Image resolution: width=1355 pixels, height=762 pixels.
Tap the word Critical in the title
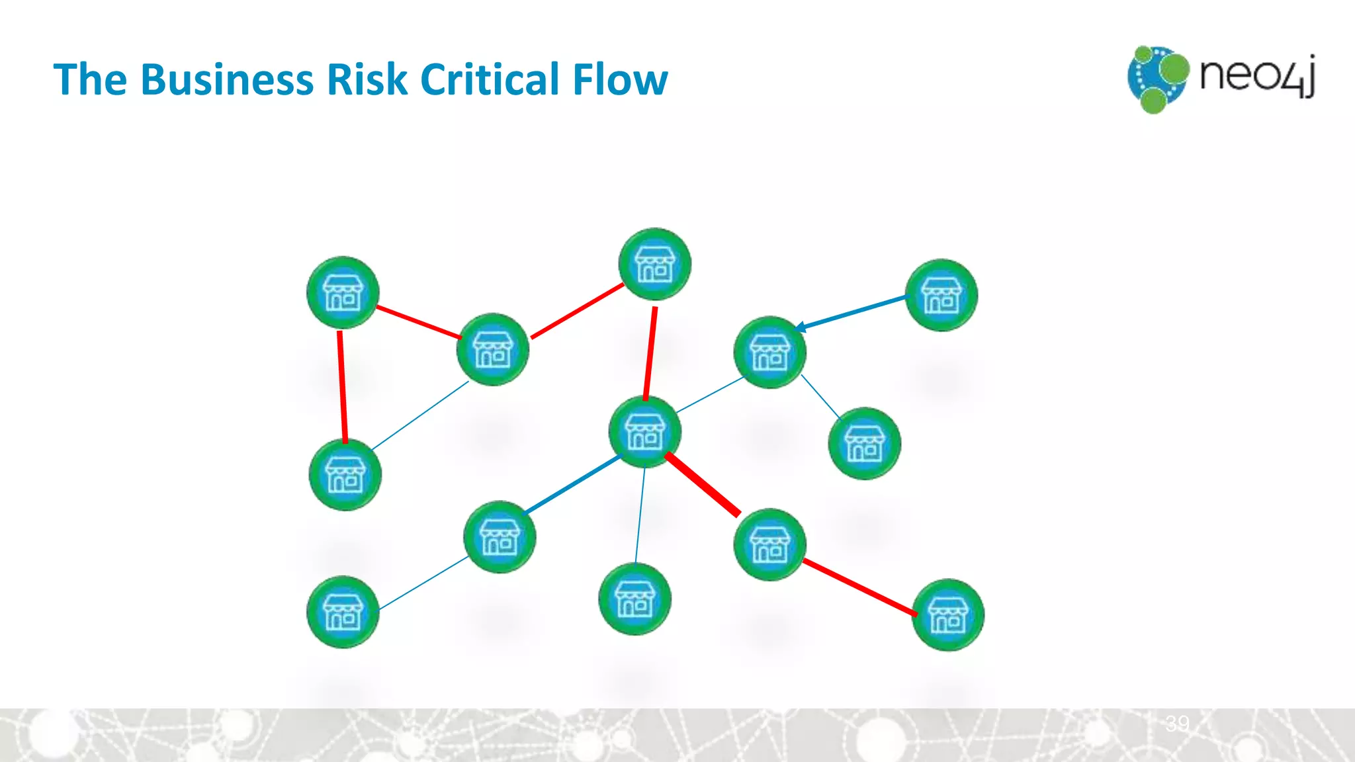(490, 80)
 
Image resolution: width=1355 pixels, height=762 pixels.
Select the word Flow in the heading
(620, 80)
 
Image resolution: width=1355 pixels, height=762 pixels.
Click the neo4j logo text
(1256, 75)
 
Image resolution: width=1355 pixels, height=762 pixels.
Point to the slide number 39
(1178, 723)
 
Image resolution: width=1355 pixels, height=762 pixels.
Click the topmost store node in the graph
(654, 265)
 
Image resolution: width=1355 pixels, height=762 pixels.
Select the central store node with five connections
(644, 432)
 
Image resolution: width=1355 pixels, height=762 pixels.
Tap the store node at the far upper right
(941, 295)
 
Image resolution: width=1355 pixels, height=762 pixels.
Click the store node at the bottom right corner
(947, 615)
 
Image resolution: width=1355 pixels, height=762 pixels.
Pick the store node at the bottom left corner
(343, 612)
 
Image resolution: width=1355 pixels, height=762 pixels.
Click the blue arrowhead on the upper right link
(800, 327)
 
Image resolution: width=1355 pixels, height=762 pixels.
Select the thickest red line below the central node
(703, 484)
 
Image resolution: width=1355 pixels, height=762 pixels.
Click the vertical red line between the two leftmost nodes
(342, 386)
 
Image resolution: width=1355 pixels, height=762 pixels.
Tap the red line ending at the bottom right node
(859, 587)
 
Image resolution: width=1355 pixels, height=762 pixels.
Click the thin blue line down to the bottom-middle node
(640, 516)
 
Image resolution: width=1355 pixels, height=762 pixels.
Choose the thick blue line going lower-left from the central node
(572, 485)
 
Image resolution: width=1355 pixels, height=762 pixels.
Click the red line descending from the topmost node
(650, 353)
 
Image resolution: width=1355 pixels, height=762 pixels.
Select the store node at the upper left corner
(343, 292)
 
